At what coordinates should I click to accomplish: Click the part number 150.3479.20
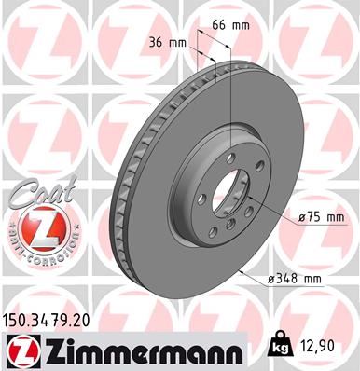[50, 320]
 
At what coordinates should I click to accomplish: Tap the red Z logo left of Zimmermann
[19, 350]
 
